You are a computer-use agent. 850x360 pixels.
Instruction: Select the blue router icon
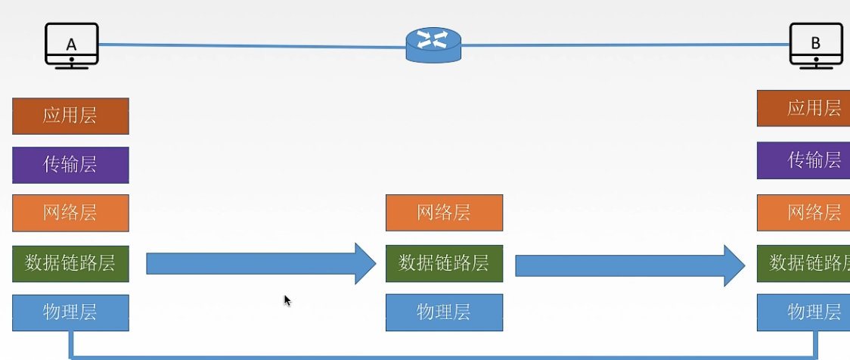pos(433,45)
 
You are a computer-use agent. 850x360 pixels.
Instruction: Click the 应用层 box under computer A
pos(70,116)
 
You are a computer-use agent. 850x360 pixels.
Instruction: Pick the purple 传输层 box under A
pos(70,165)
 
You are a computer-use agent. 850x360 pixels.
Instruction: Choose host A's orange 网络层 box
pos(70,213)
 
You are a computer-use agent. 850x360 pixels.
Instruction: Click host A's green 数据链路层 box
pos(70,263)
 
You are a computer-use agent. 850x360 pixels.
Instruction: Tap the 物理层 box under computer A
pos(70,313)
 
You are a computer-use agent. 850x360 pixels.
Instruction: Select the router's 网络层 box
pos(444,213)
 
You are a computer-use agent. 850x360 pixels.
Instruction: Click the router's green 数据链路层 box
pos(444,263)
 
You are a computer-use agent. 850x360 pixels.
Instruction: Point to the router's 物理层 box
pos(444,312)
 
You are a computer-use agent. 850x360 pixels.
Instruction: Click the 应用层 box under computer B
pos(803,108)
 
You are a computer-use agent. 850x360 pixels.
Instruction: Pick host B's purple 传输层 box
pos(803,160)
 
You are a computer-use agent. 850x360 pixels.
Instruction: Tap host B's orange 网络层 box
pos(803,213)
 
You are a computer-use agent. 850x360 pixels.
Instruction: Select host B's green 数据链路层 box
pos(803,263)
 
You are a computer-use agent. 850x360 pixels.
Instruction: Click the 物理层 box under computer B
pos(803,313)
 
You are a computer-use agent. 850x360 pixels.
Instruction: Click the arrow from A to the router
pos(262,263)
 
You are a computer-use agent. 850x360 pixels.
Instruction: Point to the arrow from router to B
pos(630,265)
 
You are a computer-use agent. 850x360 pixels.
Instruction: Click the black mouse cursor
pos(287,301)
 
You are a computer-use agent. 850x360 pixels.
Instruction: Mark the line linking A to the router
pos(252,45)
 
